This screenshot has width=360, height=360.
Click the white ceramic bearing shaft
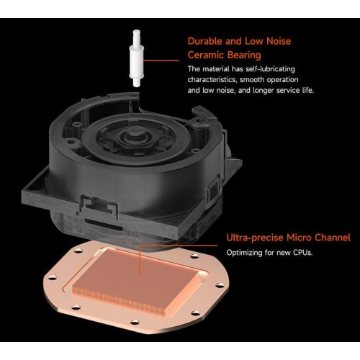pyautogui.click(x=137, y=58)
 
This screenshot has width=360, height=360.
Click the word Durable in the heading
pyautogui.click(x=205, y=41)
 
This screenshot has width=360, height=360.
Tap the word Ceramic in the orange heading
pyautogui.click(x=205, y=55)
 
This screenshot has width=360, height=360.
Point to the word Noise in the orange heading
pyautogui.click(x=279, y=41)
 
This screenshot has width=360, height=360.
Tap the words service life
pyautogui.click(x=295, y=90)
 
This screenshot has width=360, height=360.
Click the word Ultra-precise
pyautogui.click(x=255, y=238)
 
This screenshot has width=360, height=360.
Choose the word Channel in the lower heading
pyautogui.click(x=333, y=238)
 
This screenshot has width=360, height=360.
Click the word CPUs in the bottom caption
pyautogui.click(x=303, y=253)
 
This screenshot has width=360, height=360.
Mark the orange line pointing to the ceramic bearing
pyautogui.click(x=161, y=60)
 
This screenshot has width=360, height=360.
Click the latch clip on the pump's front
pyautogui.click(x=99, y=206)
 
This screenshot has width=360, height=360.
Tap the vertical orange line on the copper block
pyautogui.click(x=139, y=261)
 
